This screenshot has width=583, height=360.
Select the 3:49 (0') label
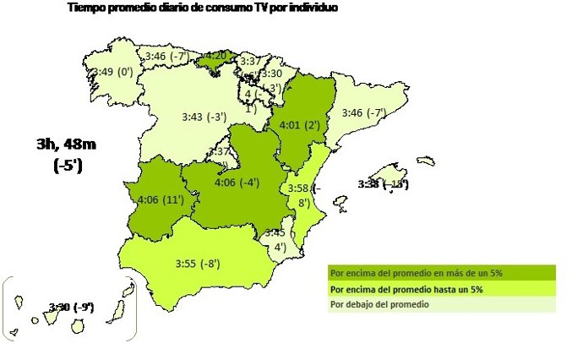(114, 72)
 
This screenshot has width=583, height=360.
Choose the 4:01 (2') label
(298, 125)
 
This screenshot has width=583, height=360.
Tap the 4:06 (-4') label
(237, 183)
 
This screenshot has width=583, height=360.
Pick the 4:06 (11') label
(160, 201)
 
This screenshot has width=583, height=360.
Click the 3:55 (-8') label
(198, 264)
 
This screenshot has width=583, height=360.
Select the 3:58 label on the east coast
(302, 187)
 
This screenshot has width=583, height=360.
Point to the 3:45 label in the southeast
(275, 232)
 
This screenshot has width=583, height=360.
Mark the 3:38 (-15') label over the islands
(383, 183)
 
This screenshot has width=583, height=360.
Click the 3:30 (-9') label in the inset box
(71, 306)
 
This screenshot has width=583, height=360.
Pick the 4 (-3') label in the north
(262, 92)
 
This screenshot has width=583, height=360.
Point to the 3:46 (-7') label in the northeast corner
(363, 112)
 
